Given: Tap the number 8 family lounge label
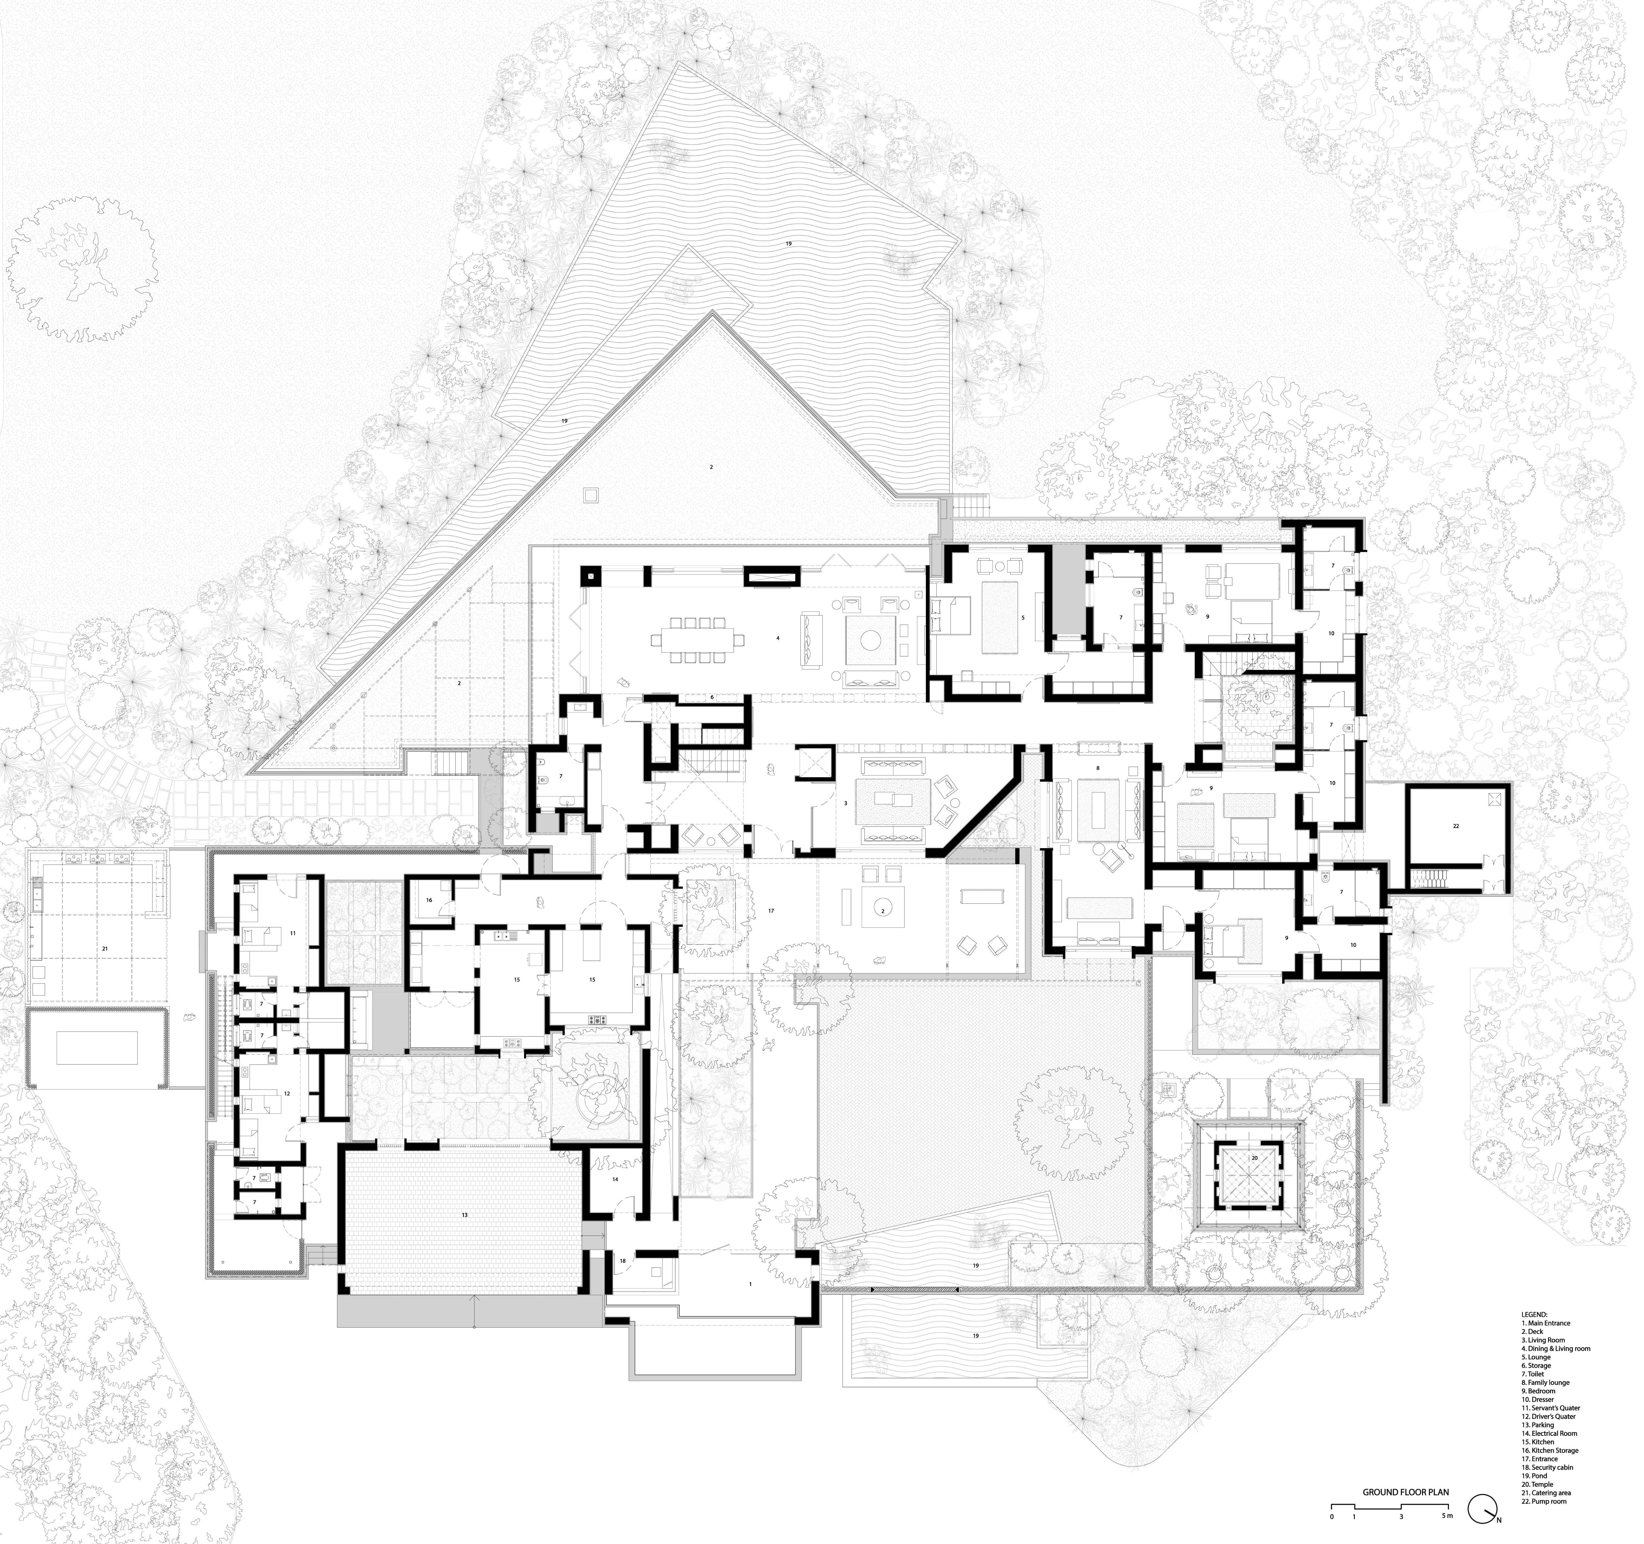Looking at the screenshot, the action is pyautogui.click(x=1098, y=768).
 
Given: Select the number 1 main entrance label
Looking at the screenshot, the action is pyautogui.click(x=750, y=1284).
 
